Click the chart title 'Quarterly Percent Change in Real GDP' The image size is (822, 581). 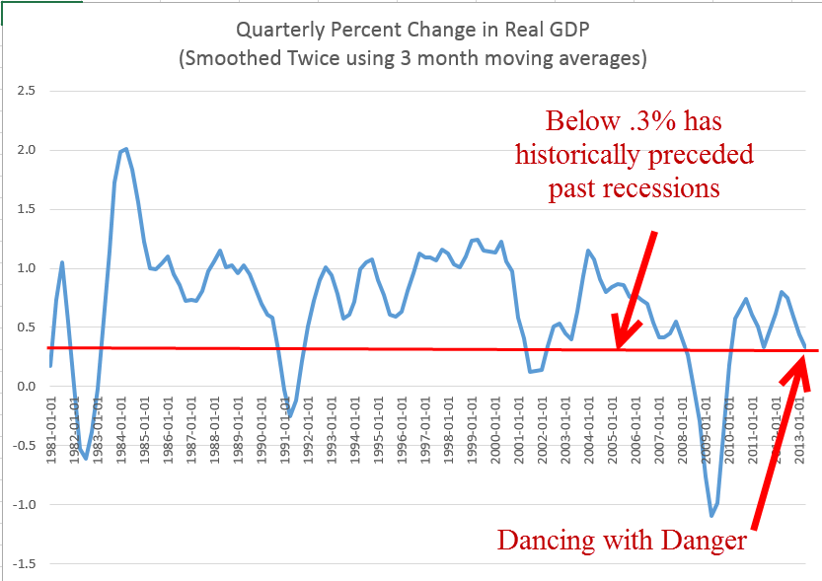click(x=412, y=31)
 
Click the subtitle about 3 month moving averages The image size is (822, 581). click(x=412, y=58)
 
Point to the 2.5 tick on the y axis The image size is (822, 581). click(x=24, y=91)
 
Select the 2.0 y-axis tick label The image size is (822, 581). click(x=24, y=150)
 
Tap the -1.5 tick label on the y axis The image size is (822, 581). click(x=22, y=564)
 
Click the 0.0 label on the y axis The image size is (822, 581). click(x=24, y=387)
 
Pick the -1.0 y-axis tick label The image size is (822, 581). click(x=22, y=505)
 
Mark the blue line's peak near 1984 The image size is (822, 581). click(x=125, y=149)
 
